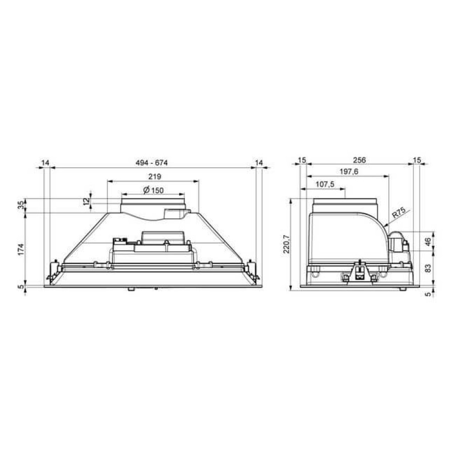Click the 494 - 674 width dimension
[x=152, y=163]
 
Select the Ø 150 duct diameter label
[x=153, y=191]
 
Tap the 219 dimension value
[x=155, y=176]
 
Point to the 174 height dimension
[x=21, y=250]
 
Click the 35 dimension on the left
[x=21, y=205]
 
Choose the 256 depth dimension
[x=359, y=160]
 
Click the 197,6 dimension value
[x=349, y=171]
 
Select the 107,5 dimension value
[x=325, y=184]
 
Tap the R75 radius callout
[x=399, y=213]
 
